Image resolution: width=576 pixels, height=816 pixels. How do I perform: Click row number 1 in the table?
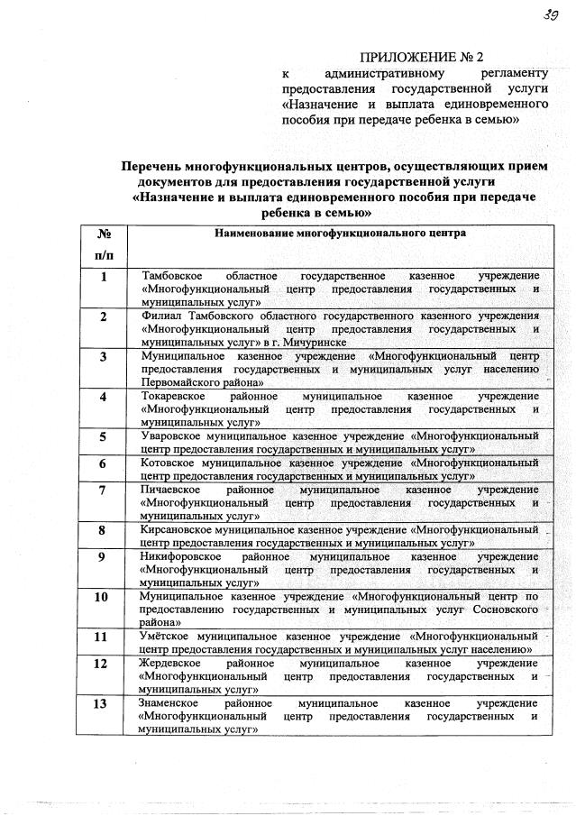click(x=103, y=277)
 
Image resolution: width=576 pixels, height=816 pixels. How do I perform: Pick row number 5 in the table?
click(x=103, y=437)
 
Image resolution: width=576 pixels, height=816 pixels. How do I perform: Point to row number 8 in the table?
click(x=103, y=530)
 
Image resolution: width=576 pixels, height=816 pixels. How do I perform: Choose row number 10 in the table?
click(x=102, y=597)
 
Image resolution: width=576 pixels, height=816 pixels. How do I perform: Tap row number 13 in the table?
click(x=102, y=703)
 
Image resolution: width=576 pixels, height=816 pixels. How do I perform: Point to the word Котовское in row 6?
click(x=169, y=463)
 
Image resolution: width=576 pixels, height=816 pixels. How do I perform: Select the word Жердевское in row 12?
click(x=173, y=663)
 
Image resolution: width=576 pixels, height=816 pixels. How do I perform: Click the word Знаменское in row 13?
click(x=171, y=702)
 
